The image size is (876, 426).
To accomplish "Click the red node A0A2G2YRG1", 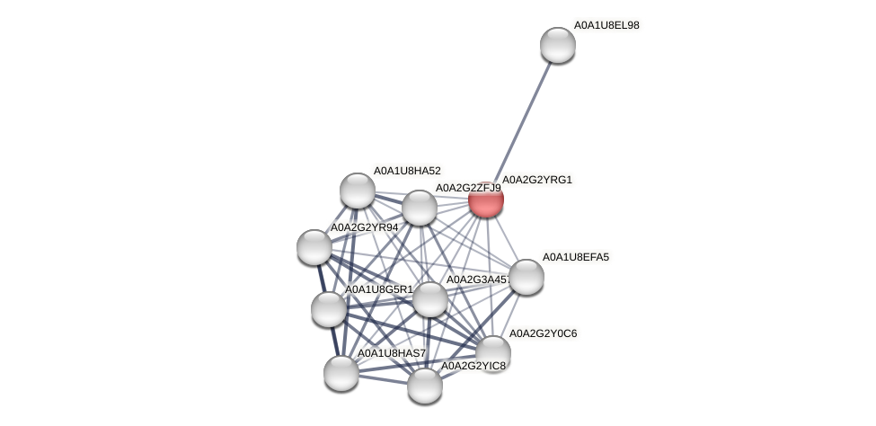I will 486,200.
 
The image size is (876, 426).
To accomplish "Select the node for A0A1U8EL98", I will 557,45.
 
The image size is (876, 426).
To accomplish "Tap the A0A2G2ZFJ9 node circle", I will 419,208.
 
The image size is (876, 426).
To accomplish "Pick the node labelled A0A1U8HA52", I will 358,191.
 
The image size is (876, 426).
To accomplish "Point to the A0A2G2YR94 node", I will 314,247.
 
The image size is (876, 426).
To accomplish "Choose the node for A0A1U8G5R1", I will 329,308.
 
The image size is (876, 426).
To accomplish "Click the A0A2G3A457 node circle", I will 429,299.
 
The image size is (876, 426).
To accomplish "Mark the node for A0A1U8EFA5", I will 526,277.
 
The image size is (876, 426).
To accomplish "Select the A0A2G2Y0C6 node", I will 492,352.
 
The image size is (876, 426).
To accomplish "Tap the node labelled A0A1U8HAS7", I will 341,372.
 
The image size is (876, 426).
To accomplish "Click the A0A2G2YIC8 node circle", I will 425,386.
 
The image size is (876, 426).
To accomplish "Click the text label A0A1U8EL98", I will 606,25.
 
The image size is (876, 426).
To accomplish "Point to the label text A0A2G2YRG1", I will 536,180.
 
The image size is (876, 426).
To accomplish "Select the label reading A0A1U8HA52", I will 407,171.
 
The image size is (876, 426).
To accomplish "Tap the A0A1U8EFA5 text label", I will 575,257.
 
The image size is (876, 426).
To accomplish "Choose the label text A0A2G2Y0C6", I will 543,333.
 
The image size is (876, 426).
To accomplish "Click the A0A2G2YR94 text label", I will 364,227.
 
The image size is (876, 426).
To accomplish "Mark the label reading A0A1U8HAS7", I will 392,353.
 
